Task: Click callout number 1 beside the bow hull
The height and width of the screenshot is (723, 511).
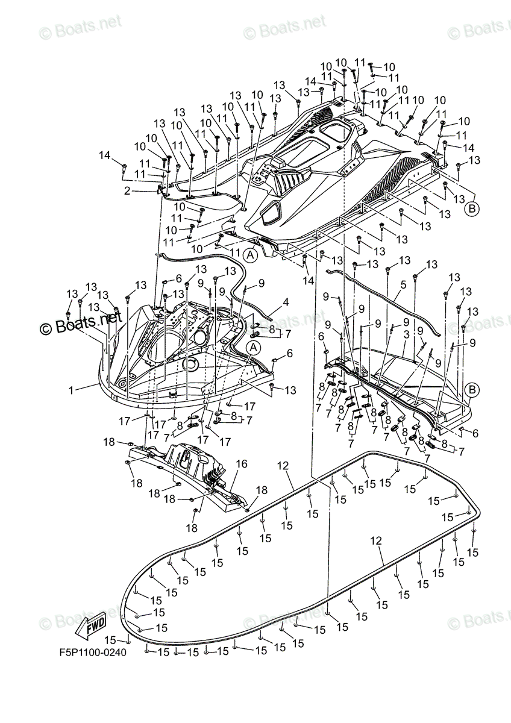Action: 71,390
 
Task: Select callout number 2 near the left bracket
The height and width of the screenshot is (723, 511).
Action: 127,191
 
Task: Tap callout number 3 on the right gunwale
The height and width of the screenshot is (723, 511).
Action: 407,334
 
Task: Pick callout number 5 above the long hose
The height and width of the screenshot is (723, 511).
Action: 403,284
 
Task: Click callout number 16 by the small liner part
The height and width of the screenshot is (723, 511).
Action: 242,465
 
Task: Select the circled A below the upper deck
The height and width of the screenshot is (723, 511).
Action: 251,255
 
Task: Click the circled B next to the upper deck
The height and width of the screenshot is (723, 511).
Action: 472,209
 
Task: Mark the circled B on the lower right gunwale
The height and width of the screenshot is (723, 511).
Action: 472,390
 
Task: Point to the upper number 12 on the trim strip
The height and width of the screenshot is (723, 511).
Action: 284,465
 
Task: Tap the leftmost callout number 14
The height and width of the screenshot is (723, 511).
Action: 105,155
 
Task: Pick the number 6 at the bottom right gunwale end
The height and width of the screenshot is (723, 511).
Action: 475,433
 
